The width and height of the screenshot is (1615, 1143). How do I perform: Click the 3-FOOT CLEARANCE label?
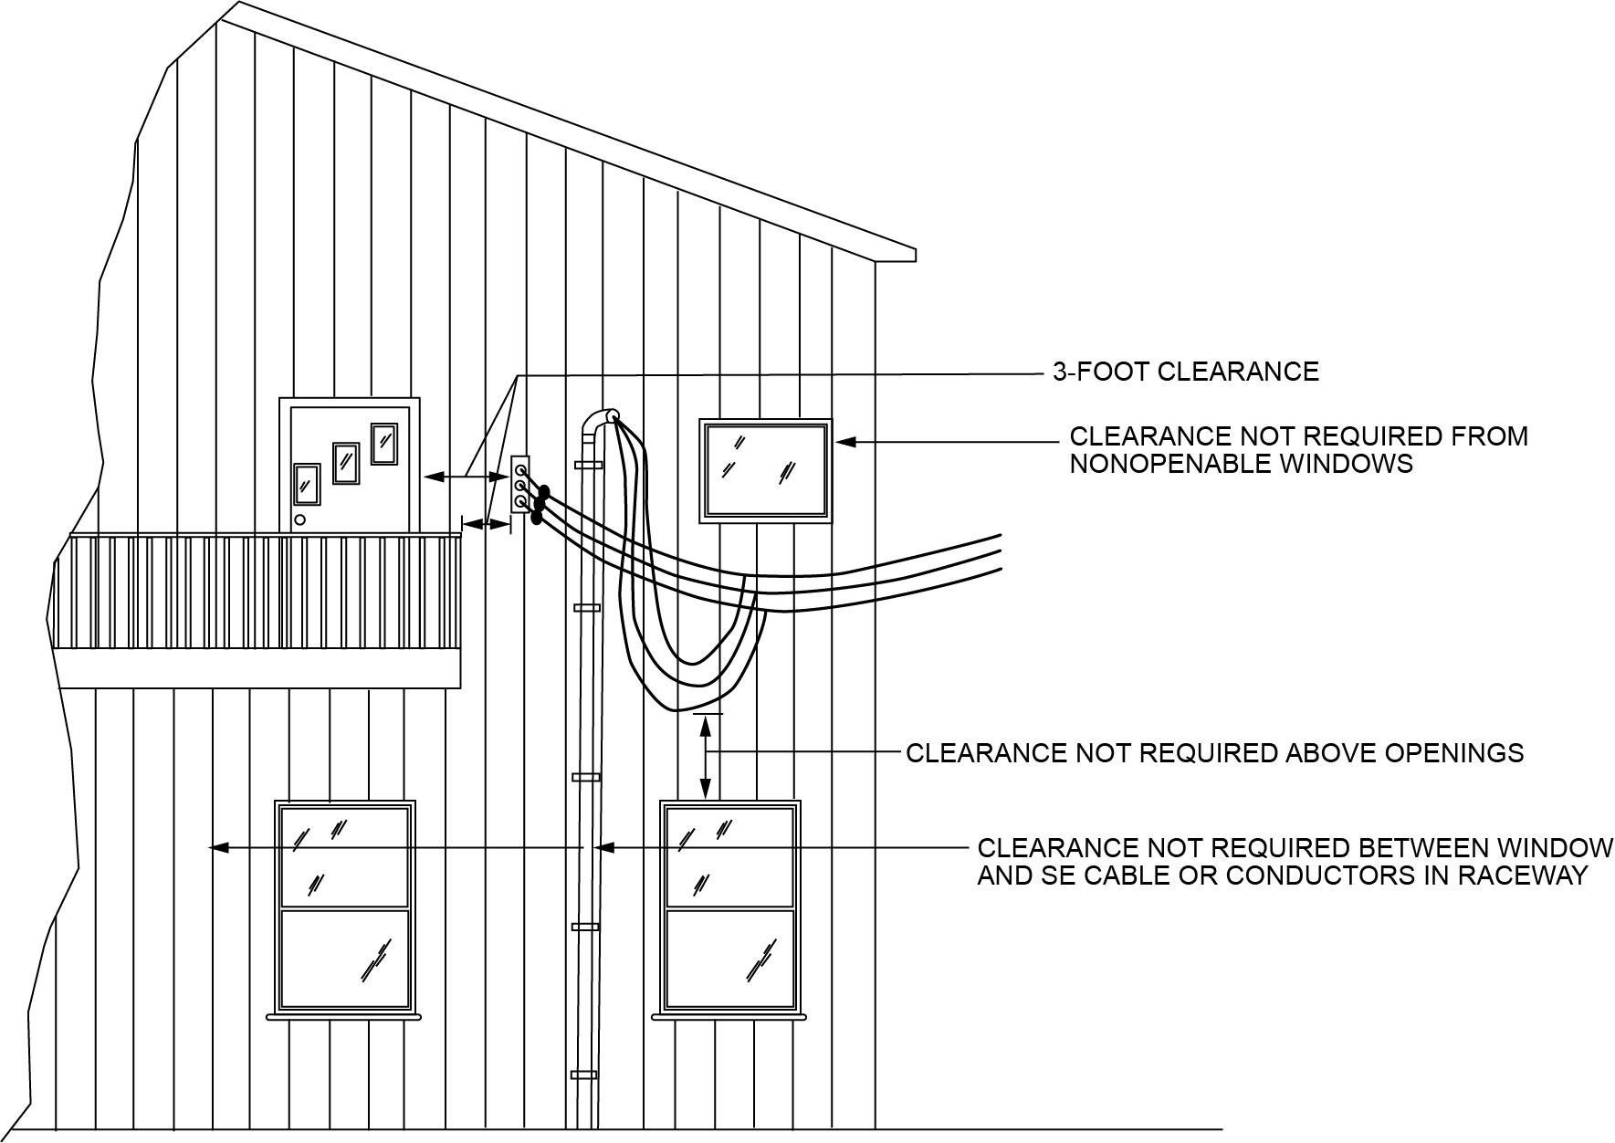pyautogui.click(x=1185, y=372)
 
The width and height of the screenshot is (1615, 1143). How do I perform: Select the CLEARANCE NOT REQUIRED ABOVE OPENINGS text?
pyautogui.click(x=1214, y=753)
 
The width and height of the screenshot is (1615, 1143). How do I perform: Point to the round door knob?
pyautogui.click(x=299, y=521)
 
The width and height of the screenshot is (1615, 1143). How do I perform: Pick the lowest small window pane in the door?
pyautogui.click(x=306, y=483)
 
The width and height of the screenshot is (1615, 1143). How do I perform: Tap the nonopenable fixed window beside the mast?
pyautogui.click(x=765, y=470)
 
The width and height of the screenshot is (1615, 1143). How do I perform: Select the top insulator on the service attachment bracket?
pyautogui.click(x=519, y=469)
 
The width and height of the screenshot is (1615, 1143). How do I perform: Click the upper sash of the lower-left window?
pyautogui.click(x=345, y=856)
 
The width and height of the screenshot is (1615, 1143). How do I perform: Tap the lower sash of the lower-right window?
pyautogui.click(x=730, y=959)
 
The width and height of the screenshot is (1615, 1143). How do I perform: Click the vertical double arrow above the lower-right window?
pyautogui.click(x=706, y=756)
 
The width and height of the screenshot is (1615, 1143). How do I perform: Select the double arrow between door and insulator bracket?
pyautogui.click(x=466, y=476)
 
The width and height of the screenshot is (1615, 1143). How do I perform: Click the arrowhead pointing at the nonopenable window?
pyautogui.click(x=845, y=442)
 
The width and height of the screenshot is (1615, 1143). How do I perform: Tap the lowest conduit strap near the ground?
pyautogui.click(x=583, y=1075)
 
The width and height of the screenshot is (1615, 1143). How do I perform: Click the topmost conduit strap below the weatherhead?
pyautogui.click(x=588, y=466)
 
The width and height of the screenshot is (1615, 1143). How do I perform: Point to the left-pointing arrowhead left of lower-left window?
pyautogui.click(x=217, y=848)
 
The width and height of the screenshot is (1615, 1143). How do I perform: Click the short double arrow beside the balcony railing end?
pyautogui.click(x=487, y=523)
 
